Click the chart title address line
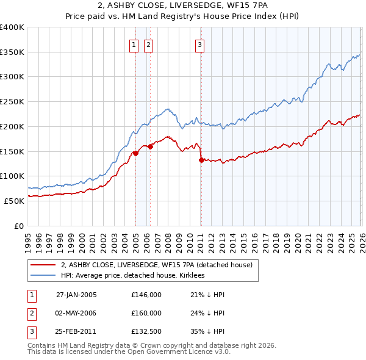click(x=182, y=6)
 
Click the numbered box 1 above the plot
click(x=133, y=43)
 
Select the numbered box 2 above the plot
click(x=148, y=43)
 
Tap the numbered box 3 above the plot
click(x=199, y=43)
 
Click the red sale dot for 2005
click(x=135, y=153)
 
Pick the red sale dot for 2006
click(x=150, y=146)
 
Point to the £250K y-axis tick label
click(x=12, y=101)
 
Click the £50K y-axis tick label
click(x=15, y=201)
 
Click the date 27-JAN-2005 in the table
click(x=76, y=295)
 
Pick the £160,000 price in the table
click(x=146, y=313)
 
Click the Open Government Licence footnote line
click(x=129, y=352)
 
